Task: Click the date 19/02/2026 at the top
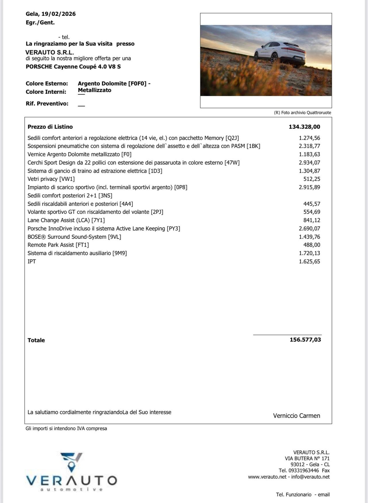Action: click(58, 14)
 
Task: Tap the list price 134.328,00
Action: click(304, 127)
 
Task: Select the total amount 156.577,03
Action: click(305, 340)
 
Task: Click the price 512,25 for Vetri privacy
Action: click(312, 179)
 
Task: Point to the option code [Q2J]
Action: click(232, 138)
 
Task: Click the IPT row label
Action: click(32, 262)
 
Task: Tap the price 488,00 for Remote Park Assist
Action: click(312, 245)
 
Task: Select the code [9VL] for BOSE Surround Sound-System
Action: click(114, 237)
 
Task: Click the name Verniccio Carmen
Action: click(296, 416)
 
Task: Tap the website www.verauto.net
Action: click(267, 477)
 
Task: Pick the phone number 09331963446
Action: click(304, 471)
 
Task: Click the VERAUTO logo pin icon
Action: click(72, 466)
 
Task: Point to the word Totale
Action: click(36, 340)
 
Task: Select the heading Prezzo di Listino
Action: click(50, 127)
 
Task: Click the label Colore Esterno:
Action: click(47, 84)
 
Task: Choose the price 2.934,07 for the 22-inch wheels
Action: click(309, 163)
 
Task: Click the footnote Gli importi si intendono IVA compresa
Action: click(66, 429)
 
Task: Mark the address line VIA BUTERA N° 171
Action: click(307, 458)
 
